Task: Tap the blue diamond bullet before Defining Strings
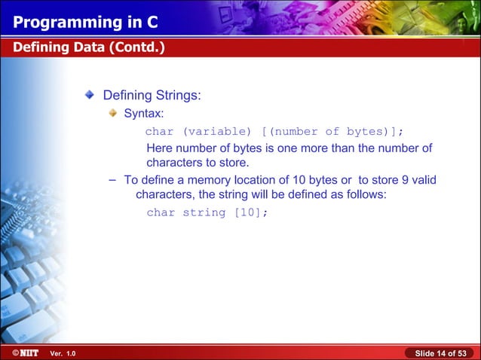point(90,96)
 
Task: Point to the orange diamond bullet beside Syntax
point(112,114)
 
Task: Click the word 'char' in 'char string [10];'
point(161,212)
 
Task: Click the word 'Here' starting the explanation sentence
point(160,148)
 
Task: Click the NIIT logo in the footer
point(24,352)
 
